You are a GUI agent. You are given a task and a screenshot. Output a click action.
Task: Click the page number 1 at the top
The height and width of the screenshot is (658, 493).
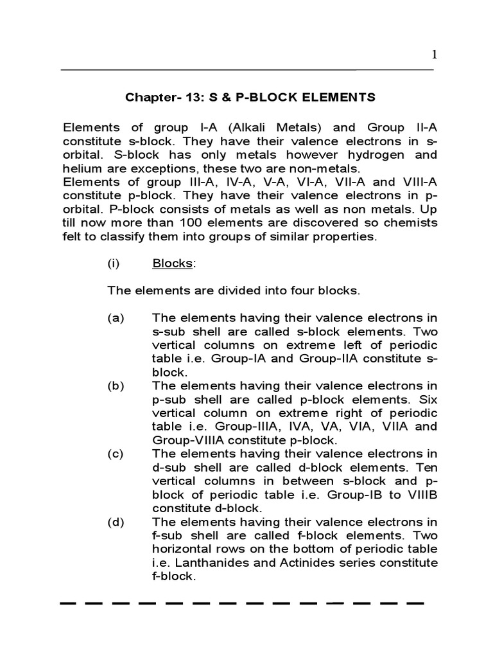(434, 55)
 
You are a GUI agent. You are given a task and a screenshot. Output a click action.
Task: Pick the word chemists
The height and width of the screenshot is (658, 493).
(410, 222)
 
